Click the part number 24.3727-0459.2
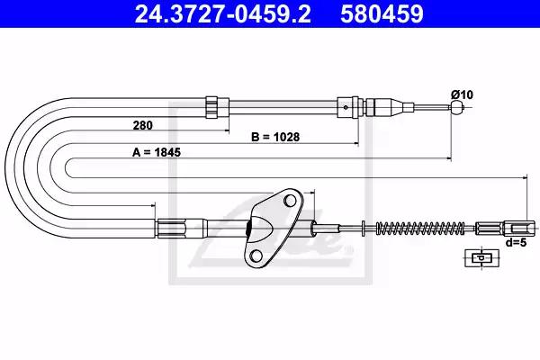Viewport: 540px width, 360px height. pyautogui.click(x=223, y=13)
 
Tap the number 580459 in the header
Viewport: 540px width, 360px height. pyautogui.click(x=382, y=13)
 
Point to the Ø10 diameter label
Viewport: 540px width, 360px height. pyautogui.click(x=463, y=94)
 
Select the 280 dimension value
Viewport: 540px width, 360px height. pyautogui.click(x=142, y=125)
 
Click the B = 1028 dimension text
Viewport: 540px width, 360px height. pyautogui.click(x=275, y=137)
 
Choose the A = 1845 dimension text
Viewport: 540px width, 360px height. pyautogui.click(x=157, y=152)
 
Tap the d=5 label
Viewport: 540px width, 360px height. pyautogui.click(x=516, y=242)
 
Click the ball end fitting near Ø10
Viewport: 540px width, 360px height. pyautogui.click(x=456, y=107)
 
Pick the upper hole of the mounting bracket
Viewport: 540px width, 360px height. pyautogui.click(x=290, y=201)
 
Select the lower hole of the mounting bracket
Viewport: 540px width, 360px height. pyautogui.click(x=256, y=256)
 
